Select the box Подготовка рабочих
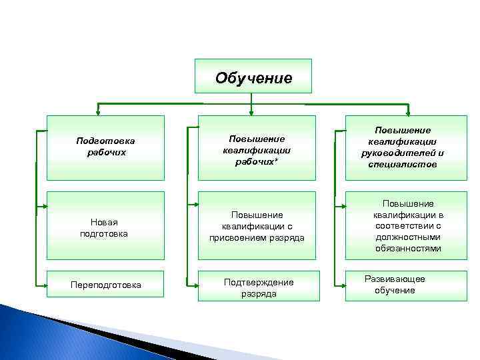[x=105, y=147]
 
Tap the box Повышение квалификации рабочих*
[x=257, y=147]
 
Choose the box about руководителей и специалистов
[x=404, y=147]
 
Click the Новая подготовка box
[x=105, y=225]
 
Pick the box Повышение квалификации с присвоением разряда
[x=257, y=225]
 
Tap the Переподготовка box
[x=105, y=285]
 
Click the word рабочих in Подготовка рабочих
[x=106, y=153]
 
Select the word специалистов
[x=403, y=164]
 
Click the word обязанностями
[x=408, y=248]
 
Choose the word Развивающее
[x=395, y=279]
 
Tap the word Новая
[x=105, y=222]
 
